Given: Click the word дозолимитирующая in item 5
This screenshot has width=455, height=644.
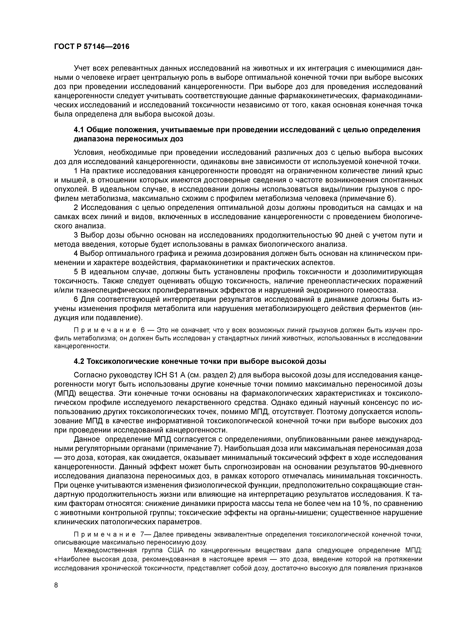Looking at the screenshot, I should tap(387, 272).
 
